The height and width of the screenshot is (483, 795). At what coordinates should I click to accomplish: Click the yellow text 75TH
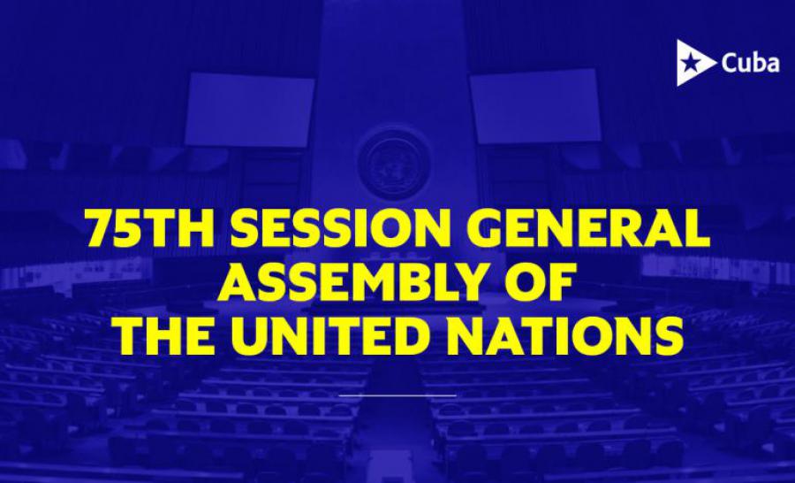point(149,227)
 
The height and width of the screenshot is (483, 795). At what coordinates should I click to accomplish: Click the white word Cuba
point(750,64)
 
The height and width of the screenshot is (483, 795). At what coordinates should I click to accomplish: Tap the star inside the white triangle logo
point(689,64)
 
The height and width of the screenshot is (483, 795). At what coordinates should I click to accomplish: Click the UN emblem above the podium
point(393,163)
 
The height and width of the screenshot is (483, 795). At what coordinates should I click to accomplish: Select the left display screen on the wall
point(248,110)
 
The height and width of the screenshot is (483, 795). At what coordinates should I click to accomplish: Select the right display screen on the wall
point(536,106)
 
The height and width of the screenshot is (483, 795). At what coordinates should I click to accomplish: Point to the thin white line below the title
point(397,395)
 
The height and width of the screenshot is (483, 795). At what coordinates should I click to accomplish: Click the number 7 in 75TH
point(101,227)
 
